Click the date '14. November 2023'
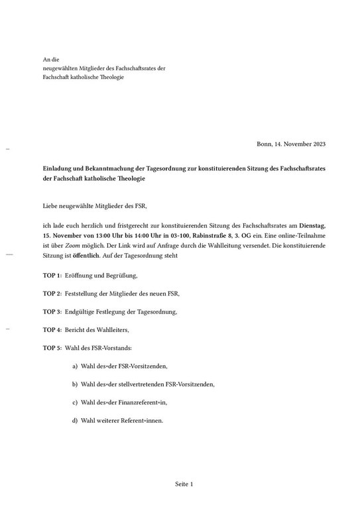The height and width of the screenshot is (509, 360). (301, 144)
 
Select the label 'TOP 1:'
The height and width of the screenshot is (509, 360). (52, 275)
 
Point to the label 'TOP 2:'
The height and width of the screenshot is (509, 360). (52, 293)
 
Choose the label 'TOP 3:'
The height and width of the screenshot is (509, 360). (52, 311)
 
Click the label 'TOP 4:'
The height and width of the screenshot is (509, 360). (52, 329)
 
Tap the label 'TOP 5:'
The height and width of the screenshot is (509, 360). (52, 348)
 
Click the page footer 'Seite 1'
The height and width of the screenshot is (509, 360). (184, 484)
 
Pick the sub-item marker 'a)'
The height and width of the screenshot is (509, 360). (76, 366)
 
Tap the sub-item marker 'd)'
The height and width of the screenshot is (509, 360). (76, 420)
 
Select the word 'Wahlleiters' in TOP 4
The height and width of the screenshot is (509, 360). (111, 329)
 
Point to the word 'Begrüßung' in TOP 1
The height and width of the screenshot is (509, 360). (121, 275)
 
